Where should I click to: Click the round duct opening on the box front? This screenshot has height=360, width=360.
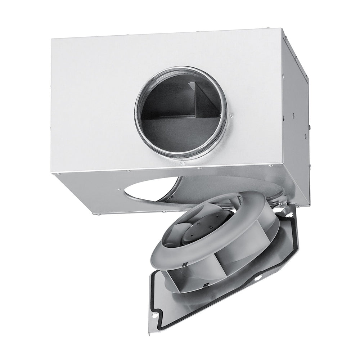pyautogui.click(x=180, y=113)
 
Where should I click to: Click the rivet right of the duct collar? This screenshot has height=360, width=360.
pyautogui.click(x=232, y=116)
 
